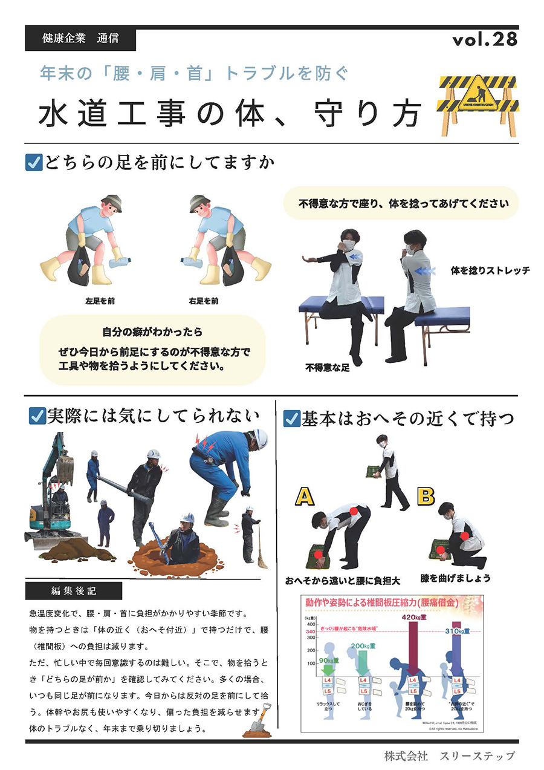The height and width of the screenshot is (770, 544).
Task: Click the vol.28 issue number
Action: (485, 39)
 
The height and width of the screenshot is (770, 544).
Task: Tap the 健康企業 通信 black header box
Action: (80, 39)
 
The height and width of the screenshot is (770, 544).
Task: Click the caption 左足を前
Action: (100, 300)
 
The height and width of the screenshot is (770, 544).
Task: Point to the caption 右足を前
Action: (203, 300)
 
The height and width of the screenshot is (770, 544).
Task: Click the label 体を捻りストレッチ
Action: (490, 270)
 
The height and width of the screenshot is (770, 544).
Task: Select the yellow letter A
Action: (305, 497)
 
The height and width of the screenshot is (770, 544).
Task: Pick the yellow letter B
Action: (426, 497)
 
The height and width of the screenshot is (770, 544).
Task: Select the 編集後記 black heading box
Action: (74, 590)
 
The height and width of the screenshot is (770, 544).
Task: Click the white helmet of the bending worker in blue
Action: (260, 436)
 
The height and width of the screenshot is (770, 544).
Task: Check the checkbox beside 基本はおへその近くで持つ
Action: (291, 418)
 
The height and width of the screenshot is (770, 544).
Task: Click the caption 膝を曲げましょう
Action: (456, 578)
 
